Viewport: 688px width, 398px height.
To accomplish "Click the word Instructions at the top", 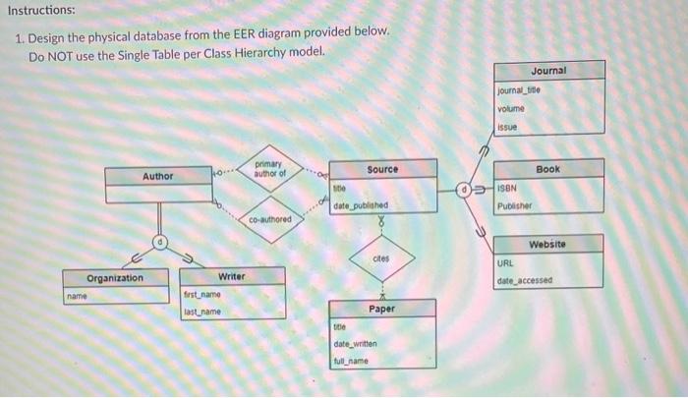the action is (x=39, y=10).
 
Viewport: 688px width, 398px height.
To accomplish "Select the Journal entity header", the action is (x=548, y=71).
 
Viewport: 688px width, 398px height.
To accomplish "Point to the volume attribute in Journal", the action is (x=511, y=109).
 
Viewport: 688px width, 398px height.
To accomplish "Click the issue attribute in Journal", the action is (x=506, y=127).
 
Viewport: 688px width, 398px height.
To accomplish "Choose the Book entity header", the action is (x=548, y=169).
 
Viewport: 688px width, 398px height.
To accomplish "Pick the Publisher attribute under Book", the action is (x=515, y=207).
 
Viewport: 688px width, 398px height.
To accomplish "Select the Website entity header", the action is (x=548, y=244).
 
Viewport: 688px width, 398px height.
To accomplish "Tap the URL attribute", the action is (x=505, y=263).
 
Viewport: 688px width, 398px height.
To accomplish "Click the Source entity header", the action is (x=382, y=169).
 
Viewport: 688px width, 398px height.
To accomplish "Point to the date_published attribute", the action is (x=361, y=205).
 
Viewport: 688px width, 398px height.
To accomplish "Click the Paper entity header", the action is (x=382, y=309).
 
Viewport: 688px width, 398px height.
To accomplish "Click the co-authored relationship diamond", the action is (x=269, y=220).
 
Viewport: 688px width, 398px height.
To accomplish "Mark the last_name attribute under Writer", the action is (x=202, y=312).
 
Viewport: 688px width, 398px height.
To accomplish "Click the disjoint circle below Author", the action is (x=156, y=241).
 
